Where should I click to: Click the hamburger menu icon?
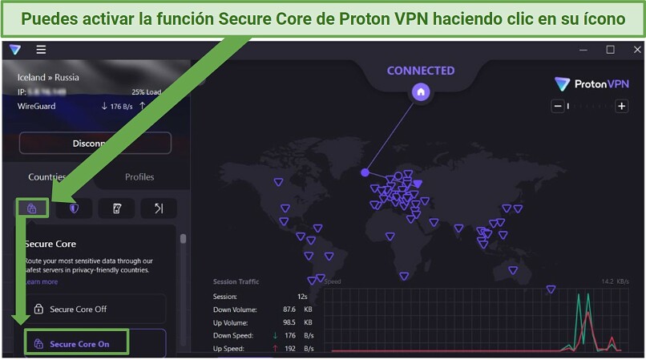[41, 50]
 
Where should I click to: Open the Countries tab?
[46, 177]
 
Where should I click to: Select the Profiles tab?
[139, 177]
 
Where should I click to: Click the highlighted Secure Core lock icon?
[32, 208]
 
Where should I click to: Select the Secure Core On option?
[79, 345]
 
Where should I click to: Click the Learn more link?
[41, 282]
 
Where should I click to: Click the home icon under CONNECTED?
[421, 92]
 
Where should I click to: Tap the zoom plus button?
[621, 106]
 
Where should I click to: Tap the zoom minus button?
[558, 106]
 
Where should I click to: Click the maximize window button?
[610, 50]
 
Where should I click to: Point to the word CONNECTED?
[421, 71]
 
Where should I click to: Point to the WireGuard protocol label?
[37, 106]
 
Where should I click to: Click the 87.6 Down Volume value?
[291, 309]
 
